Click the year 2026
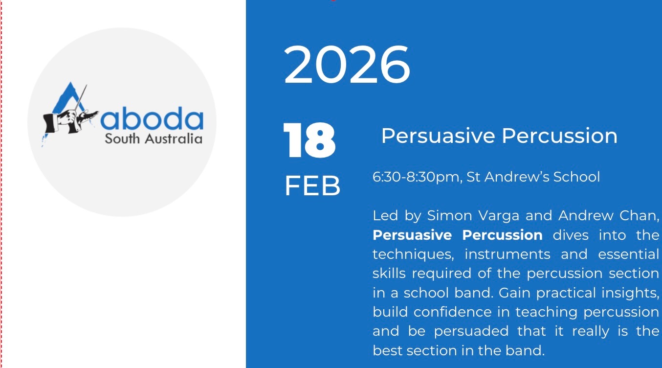tap(347, 65)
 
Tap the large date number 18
tap(309, 140)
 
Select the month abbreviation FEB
tap(312, 185)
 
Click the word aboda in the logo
tap(152, 118)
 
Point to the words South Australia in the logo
tap(154, 139)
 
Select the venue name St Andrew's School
tap(533, 177)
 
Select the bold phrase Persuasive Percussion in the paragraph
tap(458, 235)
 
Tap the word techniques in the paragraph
tap(413, 254)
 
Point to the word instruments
tap(508, 254)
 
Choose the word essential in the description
tap(628, 254)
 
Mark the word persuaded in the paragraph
tap(471, 331)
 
